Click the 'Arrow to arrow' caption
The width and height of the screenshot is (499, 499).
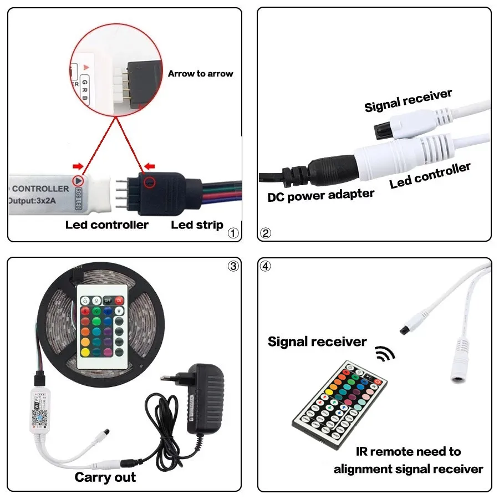pyautogui.click(x=200, y=74)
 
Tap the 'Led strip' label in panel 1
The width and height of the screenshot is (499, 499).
pyautogui.click(x=197, y=225)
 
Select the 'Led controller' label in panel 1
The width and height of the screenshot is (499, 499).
pyautogui.click(x=107, y=225)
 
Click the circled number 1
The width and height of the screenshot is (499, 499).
pyautogui.click(x=233, y=233)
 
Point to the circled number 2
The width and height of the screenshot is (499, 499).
pyautogui.click(x=266, y=233)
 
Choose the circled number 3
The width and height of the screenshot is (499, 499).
pyautogui.click(x=233, y=266)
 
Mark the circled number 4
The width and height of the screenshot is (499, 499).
pyautogui.click(x=266, y=266)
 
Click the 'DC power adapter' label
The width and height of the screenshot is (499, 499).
pyautogui.click(x=320, y=195)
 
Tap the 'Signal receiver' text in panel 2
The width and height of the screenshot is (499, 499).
pyautogui.click(x=408, y=100)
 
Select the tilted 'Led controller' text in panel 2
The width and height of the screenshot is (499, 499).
pyautogui.click(x=430, y=175)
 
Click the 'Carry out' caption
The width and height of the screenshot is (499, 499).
pyautogui.click(x=105, y=477)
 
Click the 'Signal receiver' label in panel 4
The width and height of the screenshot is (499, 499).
pyautogui.click(x=317, y=342)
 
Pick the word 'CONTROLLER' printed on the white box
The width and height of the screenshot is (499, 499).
pyautogui.click(x=40, y=189)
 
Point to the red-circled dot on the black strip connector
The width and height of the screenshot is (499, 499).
pyautogui.click(x=149, y=181)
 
